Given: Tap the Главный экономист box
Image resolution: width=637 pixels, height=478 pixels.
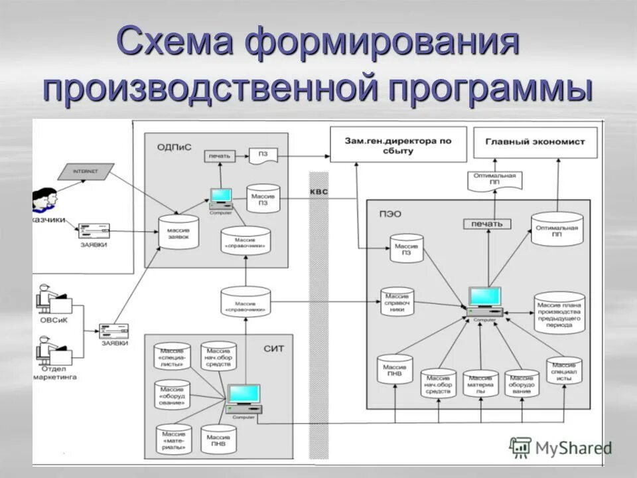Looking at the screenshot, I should tap(534, 142).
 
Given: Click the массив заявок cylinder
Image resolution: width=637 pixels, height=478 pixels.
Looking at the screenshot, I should tap(178, 232).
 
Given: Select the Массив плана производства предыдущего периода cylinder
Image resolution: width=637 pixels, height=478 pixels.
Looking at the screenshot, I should tap(558, 309).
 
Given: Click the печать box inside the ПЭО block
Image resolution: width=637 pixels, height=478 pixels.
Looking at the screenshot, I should tap(487, 224).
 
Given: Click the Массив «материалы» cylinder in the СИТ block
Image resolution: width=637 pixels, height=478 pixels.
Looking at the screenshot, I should tap(173, 439).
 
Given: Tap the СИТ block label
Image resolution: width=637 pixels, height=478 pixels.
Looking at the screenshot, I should tap(273, 347).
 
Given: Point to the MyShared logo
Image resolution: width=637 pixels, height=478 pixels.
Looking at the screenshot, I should tap(561, 447).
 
